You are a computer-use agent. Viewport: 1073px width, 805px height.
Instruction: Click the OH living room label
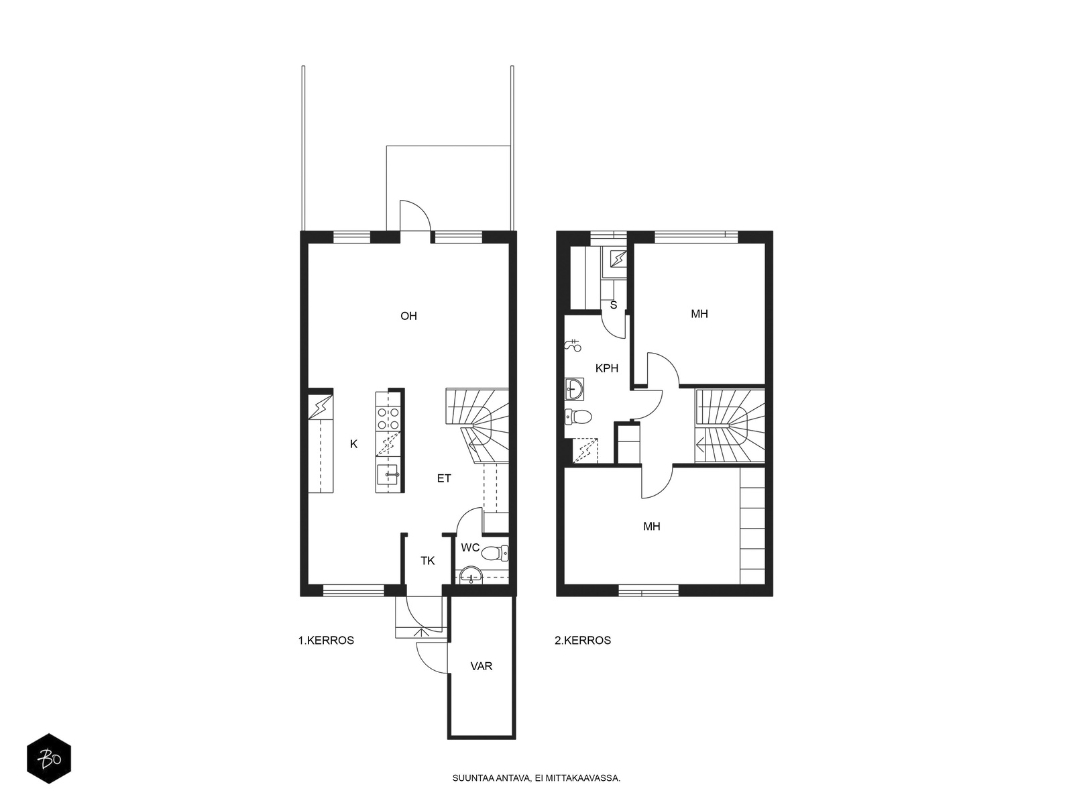coord(408,316)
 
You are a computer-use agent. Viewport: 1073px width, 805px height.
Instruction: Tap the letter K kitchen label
coord(353,444)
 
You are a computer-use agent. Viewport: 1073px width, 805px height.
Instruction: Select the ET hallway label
coord(444,478)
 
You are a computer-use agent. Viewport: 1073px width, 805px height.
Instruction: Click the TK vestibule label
coord(428,561)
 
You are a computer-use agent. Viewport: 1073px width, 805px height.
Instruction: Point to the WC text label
coord(470,547)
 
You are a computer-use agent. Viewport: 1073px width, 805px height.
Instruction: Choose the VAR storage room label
coord(481,666)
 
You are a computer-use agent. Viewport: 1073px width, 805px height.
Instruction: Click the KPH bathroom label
coord(607,368)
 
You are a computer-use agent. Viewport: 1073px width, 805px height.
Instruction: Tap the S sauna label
coord(614,305)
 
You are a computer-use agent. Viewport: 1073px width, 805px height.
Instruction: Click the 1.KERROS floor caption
coord(326,640)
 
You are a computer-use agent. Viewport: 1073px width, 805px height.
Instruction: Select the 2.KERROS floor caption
coord(583,640)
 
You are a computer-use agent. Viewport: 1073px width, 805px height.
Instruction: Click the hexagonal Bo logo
coord(49,759)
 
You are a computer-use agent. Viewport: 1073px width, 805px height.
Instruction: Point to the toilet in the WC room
coord(495,553)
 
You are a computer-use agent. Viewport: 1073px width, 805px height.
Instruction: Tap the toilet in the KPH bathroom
coord(578,417)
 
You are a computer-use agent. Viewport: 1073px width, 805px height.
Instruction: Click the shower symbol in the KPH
coord(573,345)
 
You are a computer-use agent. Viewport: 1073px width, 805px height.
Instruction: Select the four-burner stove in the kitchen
coord(388,419)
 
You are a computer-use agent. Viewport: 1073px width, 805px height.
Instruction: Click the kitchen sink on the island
coord(388,474)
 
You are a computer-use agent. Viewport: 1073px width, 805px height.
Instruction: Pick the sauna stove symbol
coord(618,258)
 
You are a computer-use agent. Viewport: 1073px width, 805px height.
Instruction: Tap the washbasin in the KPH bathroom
coord(574,389)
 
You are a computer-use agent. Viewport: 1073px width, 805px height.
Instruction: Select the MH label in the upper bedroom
coord(699,314)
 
